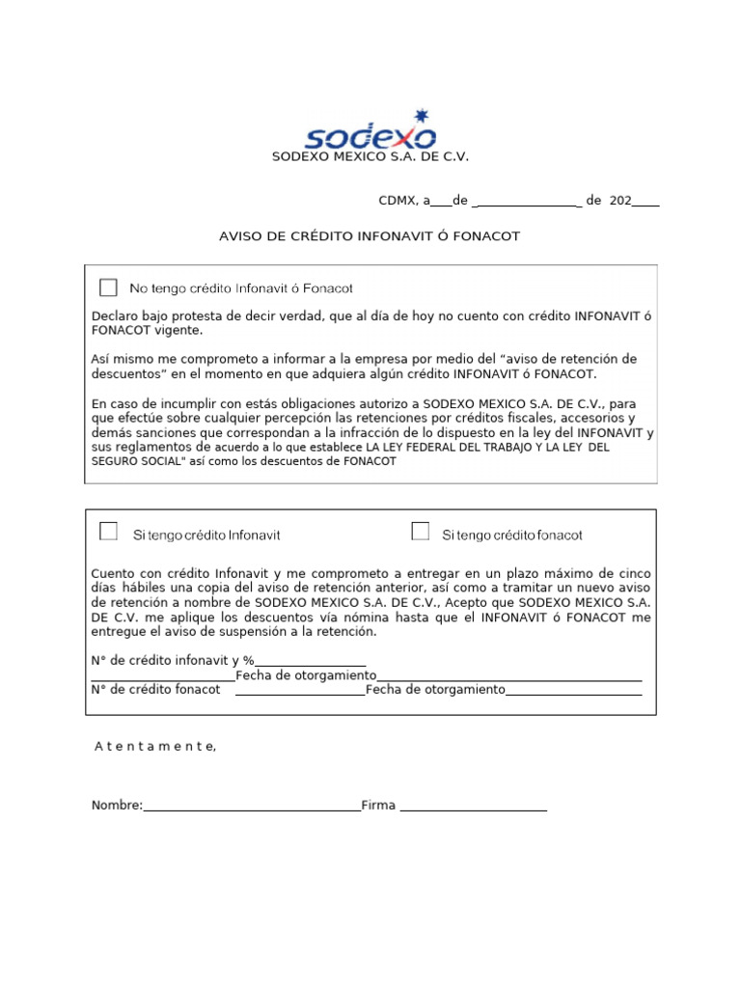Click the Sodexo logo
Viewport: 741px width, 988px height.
(370, 135)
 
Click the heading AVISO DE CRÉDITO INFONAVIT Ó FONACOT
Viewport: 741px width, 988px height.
(370, 236)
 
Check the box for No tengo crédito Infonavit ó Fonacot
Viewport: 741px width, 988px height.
(108, 288)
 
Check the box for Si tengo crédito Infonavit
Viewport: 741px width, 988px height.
(109, 532)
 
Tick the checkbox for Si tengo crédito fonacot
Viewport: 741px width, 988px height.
(420, 532)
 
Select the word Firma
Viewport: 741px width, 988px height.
(378, 806)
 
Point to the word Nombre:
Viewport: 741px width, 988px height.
(117, 806)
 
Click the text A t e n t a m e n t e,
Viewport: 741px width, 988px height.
(155, 746)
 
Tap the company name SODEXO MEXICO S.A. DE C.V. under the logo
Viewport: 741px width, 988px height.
(370, 156)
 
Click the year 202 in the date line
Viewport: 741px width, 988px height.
(620, 201)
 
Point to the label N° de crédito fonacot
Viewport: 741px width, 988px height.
(156, 690)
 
